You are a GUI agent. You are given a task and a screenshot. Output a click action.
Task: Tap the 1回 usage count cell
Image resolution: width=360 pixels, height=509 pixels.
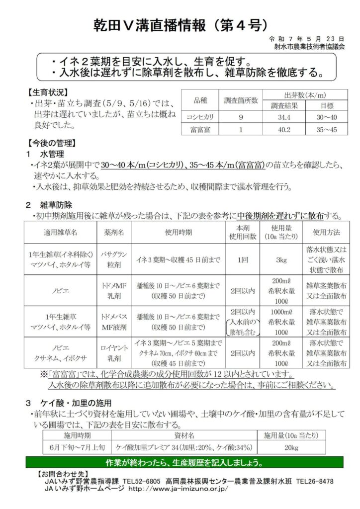241,259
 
